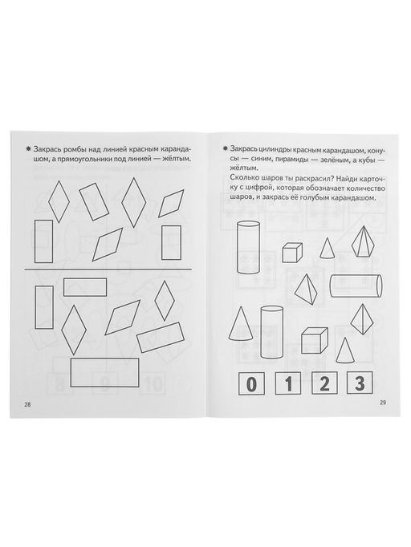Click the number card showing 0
[x=251, y=383]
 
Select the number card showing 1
[x=288, y=383]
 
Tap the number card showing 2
[x=324, y=383]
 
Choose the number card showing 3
[x=360, y=383]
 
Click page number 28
[x=27, y=405]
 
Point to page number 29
[x=383, y=402]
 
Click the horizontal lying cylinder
[x=356, y=285]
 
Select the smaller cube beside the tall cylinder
[x=292, y=252]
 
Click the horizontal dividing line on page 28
[x=108, y=269]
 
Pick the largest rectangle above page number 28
[x=105, y=372]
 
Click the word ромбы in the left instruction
[x=74, y=149]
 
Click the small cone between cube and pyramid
[x=327, y=248]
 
